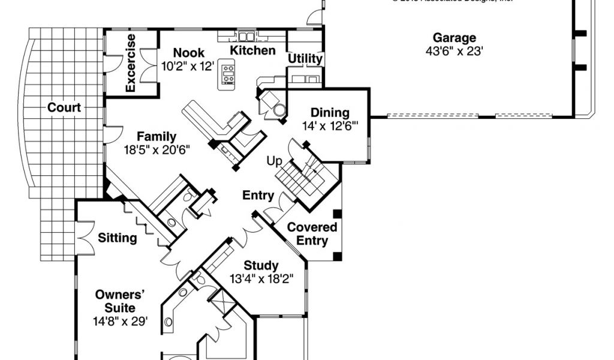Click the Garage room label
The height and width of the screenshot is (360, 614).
point(455,38)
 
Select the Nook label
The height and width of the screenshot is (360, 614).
point(189,53)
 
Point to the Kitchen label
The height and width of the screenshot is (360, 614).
point(253,50)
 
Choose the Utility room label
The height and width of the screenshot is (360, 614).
point(305,59)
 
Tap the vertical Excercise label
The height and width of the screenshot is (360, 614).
point(131,63)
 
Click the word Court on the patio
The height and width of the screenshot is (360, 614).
point(64,108)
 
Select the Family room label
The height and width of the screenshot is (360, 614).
point(156,136)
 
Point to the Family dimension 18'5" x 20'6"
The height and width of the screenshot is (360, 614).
point(156,150)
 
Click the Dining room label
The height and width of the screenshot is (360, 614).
point(330,113)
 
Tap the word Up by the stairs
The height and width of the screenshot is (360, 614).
point(274,161)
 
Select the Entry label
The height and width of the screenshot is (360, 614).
point(258,195)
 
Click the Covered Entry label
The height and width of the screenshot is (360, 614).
point(312,234)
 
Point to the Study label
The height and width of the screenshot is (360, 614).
point(261,265)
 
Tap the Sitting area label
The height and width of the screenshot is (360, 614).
point(117,238)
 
